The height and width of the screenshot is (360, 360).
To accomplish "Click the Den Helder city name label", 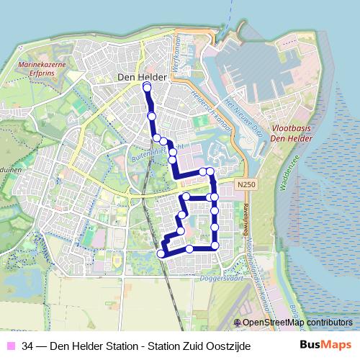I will (142, 77).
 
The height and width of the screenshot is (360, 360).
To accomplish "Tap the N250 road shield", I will (246, 185).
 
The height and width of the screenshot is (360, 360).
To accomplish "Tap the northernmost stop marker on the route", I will (147, 88).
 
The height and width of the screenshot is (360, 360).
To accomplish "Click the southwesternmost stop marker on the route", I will (161, 253).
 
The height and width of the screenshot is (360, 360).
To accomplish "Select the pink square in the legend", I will (9, 346).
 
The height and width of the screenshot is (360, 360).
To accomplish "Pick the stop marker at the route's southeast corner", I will (215, 247).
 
